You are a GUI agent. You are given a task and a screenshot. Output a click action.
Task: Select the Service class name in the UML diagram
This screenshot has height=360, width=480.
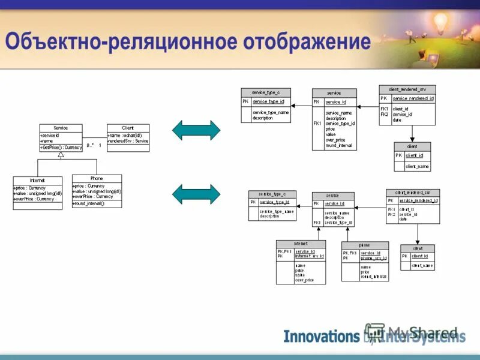[x=61, y=128]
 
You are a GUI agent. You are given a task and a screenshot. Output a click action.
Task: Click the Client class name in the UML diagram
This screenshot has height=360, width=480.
[x=128, y=128]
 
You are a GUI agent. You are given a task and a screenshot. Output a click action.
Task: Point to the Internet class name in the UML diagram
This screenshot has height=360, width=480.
[x=37, y=180]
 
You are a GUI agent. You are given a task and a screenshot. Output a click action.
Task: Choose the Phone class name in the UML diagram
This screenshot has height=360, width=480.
[x=97, y=178]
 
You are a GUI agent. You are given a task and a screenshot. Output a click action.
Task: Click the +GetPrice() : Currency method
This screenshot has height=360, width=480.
[x=61, y=147]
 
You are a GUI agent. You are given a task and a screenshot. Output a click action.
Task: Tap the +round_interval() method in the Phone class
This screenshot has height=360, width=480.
[x=89, y=203]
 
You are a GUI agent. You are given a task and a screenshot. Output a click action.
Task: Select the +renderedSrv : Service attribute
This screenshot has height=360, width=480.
[x=128, y=141]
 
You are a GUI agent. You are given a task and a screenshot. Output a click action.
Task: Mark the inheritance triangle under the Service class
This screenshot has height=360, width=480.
[x=61, y=155]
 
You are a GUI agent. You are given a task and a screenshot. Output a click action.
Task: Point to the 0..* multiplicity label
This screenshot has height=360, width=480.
[x=89, y=146]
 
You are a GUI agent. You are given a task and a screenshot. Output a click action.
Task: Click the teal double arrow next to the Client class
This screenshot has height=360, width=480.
[x=196, y=130]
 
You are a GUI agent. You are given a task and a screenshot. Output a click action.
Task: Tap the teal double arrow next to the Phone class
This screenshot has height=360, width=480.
[x=196, y=194]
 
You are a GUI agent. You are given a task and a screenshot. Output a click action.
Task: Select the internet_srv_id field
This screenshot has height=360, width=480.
[x=309, y=256]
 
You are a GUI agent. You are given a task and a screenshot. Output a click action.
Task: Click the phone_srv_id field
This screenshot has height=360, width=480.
[x=373, y=258]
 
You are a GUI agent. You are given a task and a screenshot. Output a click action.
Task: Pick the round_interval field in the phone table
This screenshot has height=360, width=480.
[x=374, y=277]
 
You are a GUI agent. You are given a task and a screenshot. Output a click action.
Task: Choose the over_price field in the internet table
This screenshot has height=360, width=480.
[x=304, y=280]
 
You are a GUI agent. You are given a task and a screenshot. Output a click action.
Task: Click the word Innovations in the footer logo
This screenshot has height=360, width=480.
[x=321, y=336]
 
